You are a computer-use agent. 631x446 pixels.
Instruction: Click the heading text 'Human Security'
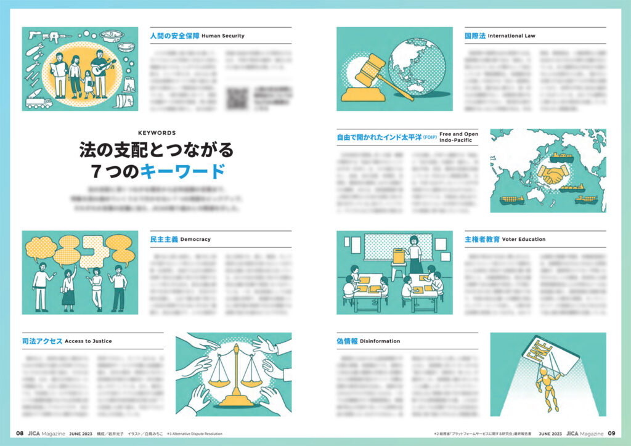223,36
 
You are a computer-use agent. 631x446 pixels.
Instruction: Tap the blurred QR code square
237,99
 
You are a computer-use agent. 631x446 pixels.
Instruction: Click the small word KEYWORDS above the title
157,132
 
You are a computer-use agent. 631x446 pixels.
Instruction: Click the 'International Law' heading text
511,36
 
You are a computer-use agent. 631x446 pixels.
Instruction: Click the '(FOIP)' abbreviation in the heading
429,137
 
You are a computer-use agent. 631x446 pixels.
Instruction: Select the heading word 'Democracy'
196,239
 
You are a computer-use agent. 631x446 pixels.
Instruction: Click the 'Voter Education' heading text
524,239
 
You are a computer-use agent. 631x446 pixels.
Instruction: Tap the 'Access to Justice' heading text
88,341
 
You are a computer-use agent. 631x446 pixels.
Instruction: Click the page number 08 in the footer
20,433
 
